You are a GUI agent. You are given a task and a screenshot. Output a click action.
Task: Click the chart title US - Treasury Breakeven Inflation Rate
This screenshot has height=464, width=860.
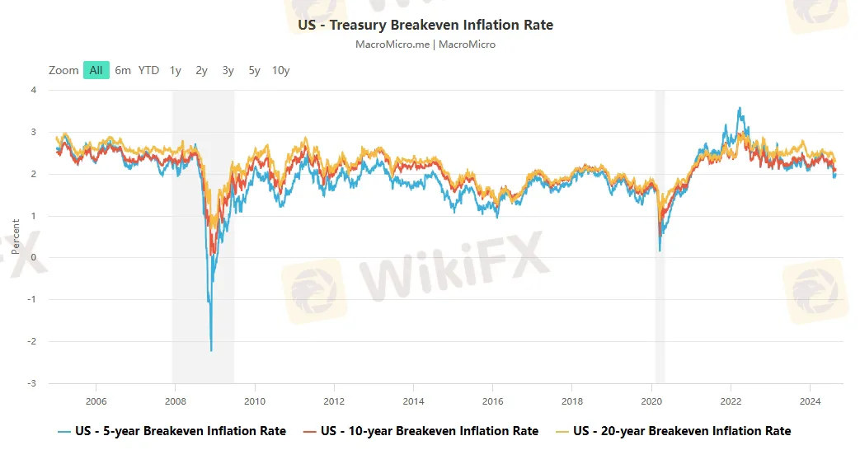(425, 25)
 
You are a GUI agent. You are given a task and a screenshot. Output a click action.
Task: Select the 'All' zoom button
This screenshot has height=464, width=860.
(96, 70)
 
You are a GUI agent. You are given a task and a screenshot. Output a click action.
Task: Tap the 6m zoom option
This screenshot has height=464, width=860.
(123, 70)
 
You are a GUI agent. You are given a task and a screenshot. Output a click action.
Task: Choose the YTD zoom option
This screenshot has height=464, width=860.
(148, 70)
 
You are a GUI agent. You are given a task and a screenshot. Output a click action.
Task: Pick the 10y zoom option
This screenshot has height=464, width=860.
(280, 70)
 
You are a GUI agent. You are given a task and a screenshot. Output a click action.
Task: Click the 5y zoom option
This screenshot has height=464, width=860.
(254, 70)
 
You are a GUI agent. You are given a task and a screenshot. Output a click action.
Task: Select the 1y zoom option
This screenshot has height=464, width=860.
(176, 70)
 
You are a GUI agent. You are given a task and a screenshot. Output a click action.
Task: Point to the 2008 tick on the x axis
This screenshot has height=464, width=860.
(176, 401)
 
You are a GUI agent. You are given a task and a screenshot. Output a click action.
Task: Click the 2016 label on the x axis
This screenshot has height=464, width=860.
(492, 401)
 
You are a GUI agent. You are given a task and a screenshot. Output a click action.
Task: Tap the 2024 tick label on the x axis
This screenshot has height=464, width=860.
(810, 401)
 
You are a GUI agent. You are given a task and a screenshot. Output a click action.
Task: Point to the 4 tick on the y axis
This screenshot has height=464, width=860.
(34, 90)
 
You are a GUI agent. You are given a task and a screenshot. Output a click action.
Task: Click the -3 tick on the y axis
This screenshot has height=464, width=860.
(32, 383)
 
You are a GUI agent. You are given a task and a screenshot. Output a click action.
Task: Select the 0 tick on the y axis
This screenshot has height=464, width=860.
(34, 258)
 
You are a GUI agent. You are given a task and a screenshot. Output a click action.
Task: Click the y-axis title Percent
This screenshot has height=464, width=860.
(16, 237)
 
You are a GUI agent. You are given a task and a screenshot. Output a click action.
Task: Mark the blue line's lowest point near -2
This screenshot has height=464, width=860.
(212, 351)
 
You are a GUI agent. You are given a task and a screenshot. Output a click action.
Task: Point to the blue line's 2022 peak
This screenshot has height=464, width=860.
(740, 107)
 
